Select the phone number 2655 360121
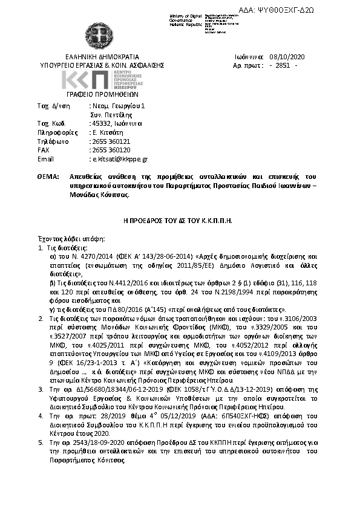click(109, 140)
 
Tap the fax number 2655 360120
click(109, 149)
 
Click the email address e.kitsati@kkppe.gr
click(119, 158)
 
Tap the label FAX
click(43, 149)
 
